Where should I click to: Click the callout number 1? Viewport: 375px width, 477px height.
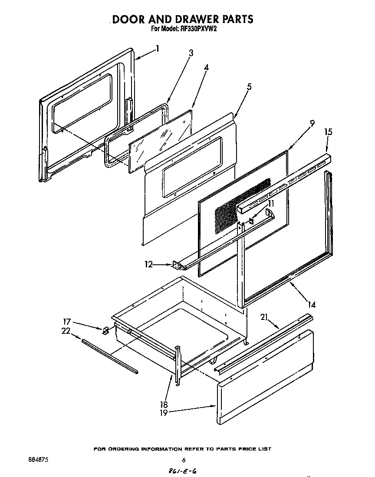pyautogui.click(x=157, y=49)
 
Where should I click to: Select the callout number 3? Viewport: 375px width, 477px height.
pyautogui.click(x=191, y=53)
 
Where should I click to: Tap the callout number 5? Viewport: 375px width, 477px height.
pyautogui.click(x=249, y=87)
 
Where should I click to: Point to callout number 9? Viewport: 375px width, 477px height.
pyautogui.click(x=312, y=124)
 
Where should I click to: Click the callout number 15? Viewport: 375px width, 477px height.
pyautogui.click(x=328, y=132)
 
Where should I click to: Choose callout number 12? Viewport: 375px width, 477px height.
pyautogui.click(x=149, y=264)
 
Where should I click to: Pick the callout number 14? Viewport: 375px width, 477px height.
pyautogui.click(x=311, y=305)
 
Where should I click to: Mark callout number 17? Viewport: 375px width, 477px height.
pyautogui.click(x=67, y=322)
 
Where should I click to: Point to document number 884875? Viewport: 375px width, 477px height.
pyautogui.click(x=36, y=460)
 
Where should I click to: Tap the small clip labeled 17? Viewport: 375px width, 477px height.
pyautogui.click(x=105, y=331)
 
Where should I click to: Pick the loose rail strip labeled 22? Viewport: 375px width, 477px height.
pyautogui.click(x=109, y=356)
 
